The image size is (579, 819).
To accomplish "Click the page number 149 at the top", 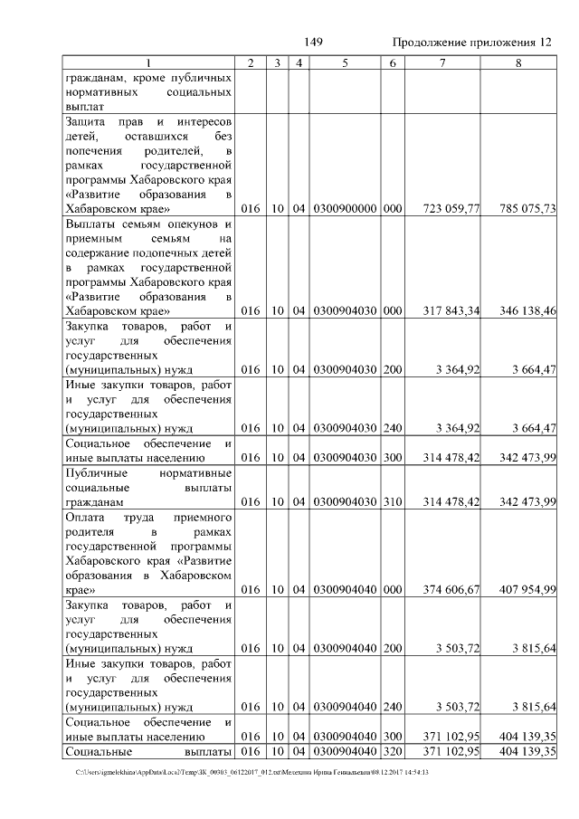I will (x=314, y=43).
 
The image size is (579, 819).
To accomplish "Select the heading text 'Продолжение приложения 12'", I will (x=471, y=43).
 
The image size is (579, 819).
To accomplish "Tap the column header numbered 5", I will (x=345, y=62).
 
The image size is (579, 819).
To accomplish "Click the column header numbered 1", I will (x=149, y=62).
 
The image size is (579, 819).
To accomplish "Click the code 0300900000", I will (x=344, y=209).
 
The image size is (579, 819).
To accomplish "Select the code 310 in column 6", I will (x=392, y=501).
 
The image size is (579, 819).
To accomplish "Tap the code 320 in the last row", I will (x=392, y=752).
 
